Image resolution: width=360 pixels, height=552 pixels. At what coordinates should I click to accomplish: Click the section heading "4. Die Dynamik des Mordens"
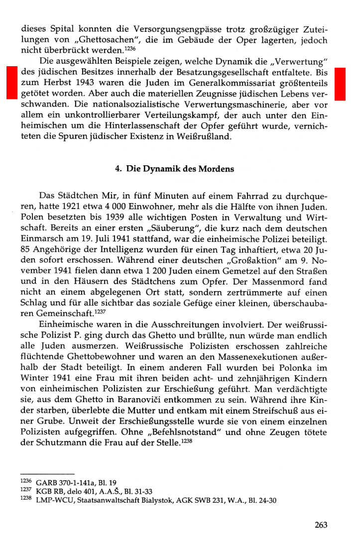[174, 169]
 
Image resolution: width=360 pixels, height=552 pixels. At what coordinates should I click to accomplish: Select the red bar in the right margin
[340, 84]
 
